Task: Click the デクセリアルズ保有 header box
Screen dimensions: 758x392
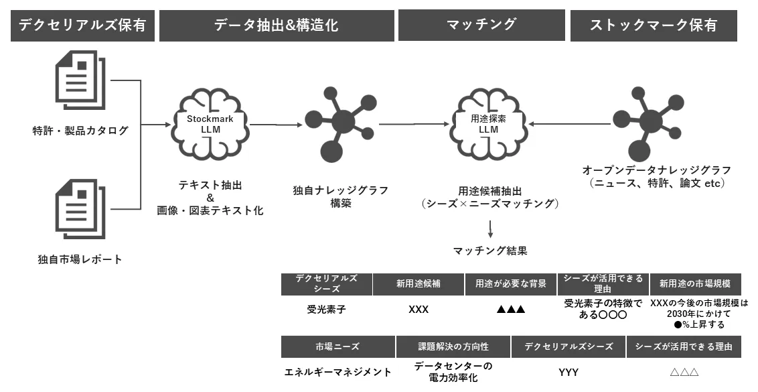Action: pos(82,25)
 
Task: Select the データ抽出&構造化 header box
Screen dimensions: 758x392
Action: pos(277,25)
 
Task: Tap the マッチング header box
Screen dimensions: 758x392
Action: pos(481,25)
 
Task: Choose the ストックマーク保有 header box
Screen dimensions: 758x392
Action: pos(654,25)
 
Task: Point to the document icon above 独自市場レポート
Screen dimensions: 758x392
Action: pos(80,209)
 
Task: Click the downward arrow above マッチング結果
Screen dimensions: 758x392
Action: pos(490,229)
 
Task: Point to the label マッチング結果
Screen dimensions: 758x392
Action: pos(489,251)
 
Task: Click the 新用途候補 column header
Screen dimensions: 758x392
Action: pos(419,284)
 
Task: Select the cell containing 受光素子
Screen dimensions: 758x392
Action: pos(326,310)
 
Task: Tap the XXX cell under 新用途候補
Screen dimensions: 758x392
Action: pos(418,310)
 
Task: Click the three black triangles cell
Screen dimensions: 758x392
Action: pos(510,310)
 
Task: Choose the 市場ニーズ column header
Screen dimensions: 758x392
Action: pos(338,347)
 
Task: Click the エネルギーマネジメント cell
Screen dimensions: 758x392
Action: pos(337,372)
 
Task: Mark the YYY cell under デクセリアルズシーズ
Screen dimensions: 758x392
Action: pos(568,372)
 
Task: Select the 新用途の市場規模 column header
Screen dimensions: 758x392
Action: pos(695,284)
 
